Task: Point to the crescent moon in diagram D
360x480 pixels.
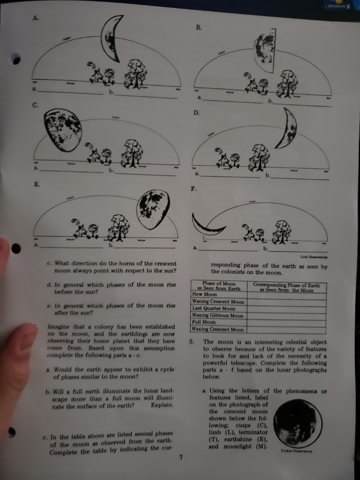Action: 287,127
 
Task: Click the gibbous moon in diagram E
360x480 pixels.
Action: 153,209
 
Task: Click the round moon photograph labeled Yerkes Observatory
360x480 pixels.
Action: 298,423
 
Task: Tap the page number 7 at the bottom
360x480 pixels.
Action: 180,457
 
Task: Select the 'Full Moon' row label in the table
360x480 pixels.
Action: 204,322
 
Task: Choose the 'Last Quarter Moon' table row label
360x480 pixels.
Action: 214,308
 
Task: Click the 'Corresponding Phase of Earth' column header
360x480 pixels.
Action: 286,287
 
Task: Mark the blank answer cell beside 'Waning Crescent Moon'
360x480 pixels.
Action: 286,301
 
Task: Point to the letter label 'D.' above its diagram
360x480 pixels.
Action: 196,113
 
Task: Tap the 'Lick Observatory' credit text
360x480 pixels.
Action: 315,257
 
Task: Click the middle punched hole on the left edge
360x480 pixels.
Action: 16,248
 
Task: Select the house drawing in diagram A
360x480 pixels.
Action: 97,76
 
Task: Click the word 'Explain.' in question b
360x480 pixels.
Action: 163,404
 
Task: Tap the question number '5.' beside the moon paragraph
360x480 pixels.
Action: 192,342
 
